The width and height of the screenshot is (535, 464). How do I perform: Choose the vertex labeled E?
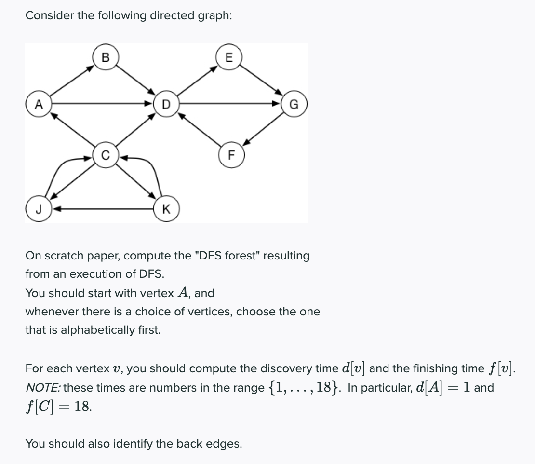pyautogui.click(x=228, y=57)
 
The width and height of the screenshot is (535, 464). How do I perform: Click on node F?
pyautogui.click(x=230, y=155)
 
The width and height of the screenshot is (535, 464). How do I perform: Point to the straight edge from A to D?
pyautogui.click(x=101, y=103)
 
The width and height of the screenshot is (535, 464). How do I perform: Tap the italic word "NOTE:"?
pyautogui.click(x=43, y=388)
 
